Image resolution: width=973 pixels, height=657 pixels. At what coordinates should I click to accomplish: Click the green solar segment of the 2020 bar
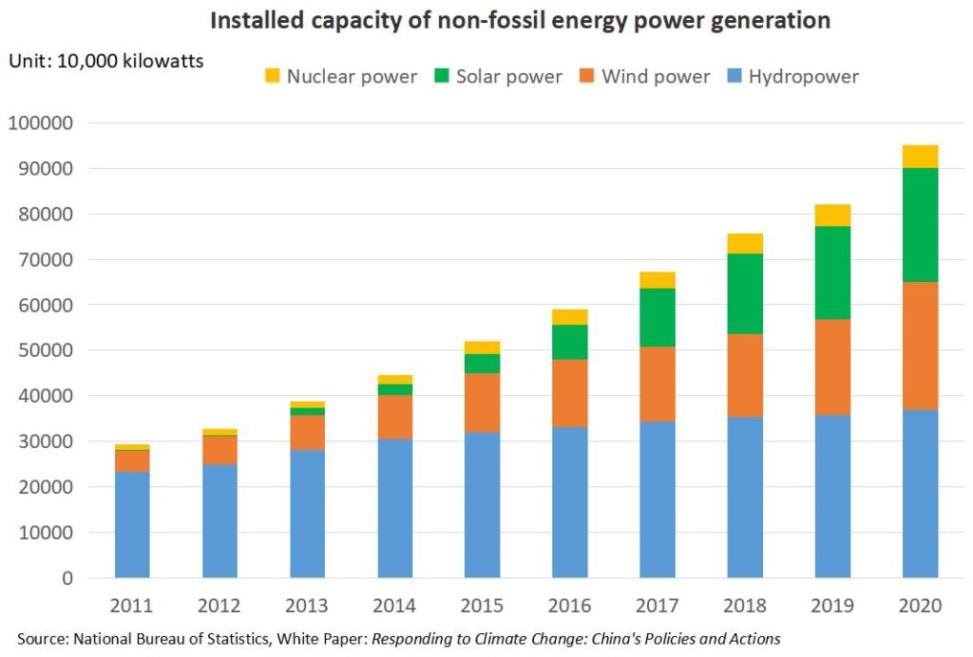coord(920,225)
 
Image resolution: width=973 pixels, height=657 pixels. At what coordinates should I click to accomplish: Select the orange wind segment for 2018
coord(745,375)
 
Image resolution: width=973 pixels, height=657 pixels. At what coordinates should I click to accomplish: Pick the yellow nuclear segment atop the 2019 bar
coord(832,216)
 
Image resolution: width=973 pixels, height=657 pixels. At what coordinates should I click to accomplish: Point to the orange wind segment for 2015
coord(483,403)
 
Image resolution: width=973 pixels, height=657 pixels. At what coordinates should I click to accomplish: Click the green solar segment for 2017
coord(658,317)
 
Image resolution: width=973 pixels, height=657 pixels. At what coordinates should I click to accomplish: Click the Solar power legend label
coord(508,77)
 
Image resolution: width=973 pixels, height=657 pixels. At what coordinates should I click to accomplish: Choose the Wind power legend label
coord(656,77)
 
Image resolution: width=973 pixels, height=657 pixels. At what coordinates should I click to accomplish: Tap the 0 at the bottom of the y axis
coord(68,577)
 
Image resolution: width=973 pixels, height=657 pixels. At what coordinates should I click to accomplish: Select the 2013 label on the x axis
coord(307,606)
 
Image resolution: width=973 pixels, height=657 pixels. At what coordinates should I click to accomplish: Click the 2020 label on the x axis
coord(920,606)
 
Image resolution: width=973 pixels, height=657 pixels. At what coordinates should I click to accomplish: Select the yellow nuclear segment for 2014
coord(395,380)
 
